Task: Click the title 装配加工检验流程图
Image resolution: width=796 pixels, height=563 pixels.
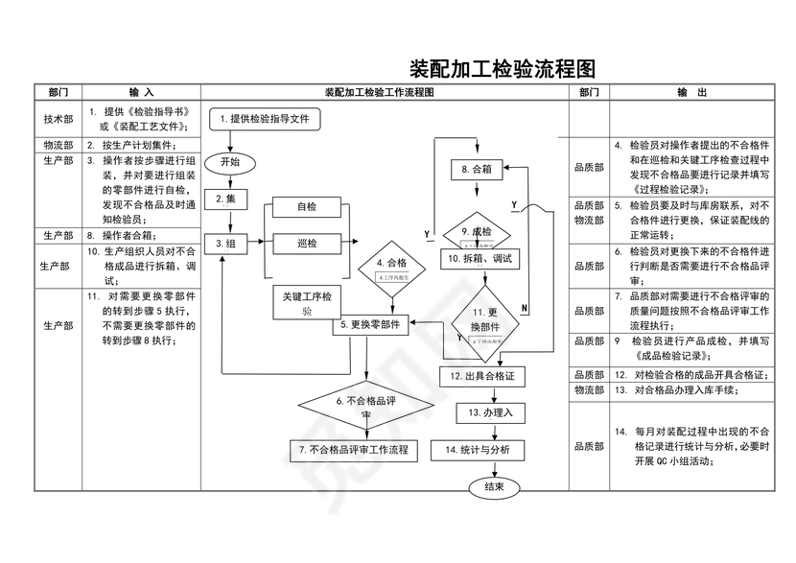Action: [502, 70]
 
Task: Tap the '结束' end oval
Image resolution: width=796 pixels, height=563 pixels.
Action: [495, 487]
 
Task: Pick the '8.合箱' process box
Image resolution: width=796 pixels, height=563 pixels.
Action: [476, 170]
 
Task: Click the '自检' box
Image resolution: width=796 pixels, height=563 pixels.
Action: [307, 207]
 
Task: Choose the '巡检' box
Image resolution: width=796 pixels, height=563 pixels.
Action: [307, 244]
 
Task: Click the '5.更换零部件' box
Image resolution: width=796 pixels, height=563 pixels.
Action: [370, 326]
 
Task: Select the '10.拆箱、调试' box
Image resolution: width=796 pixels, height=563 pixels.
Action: [477, 259]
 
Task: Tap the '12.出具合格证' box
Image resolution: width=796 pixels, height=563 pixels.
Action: [489, 377]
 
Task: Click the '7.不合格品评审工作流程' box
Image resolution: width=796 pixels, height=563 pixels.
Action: [353, 449]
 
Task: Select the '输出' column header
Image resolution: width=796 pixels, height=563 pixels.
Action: [691, 92]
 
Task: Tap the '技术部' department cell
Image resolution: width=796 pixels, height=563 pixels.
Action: [58, 120]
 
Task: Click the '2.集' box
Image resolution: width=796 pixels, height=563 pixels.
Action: [231, 199]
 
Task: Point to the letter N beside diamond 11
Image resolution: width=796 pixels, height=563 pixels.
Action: [525, 307]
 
